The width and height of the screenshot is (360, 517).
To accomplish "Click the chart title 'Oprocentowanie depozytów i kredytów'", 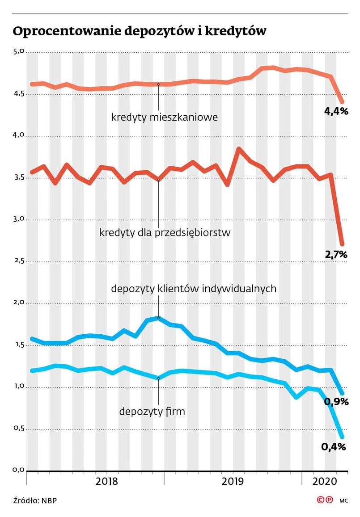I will coord(140,31).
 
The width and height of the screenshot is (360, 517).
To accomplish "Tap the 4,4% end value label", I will coord(336,111).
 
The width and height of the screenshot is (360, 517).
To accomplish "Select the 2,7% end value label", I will coord(336,254).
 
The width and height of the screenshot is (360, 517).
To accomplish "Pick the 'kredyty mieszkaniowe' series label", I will coord(165,118).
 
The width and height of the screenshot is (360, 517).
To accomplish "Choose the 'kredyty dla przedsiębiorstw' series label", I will coord(165,233).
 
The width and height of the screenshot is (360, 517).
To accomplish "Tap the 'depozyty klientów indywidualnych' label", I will coord(194,289).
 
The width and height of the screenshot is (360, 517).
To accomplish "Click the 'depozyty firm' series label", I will coord(152,412).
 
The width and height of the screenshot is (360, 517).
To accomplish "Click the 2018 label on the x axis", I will coord(107,481).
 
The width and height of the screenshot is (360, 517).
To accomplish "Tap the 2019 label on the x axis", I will coord(233,481).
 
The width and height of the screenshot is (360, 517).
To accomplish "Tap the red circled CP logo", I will coord(325,500).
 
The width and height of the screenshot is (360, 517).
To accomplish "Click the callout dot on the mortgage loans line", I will coord(159,84).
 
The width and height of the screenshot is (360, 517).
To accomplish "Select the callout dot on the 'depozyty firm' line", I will coord(159,378).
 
